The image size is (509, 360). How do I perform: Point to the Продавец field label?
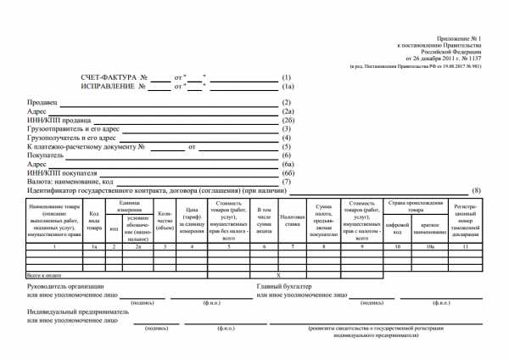42,102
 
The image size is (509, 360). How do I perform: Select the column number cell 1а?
93,246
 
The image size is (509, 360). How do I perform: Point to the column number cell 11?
467,246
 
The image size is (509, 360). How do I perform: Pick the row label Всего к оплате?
48,275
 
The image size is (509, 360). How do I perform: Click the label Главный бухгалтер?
284,286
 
